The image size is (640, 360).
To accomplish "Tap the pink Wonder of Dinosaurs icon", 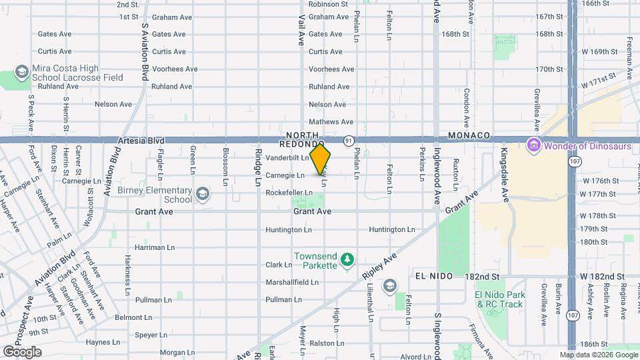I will click(x=533, y=145).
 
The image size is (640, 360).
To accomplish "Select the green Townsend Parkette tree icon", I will click(x=346, y=259).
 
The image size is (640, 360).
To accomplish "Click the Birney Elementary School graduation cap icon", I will click(x=202, y=194).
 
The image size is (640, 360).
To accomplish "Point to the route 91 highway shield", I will click(x=349, y=141).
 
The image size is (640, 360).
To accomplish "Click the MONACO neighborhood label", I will click(x=469, y=135).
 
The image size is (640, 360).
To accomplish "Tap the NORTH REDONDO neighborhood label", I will click(x=302, y=139).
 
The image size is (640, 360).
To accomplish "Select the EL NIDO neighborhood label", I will click(x=434, y=276).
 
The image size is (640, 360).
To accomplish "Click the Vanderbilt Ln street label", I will click(x=287, y=158).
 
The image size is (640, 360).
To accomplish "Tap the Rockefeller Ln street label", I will click(x=289, y=193).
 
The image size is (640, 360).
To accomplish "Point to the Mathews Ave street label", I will click(x=331, y=122).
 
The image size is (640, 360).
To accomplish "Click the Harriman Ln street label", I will click(x=149, y=247).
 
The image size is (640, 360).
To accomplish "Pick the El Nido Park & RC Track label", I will click(x=499, y=299).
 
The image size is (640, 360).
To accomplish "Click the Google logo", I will click(x=22, y=352).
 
